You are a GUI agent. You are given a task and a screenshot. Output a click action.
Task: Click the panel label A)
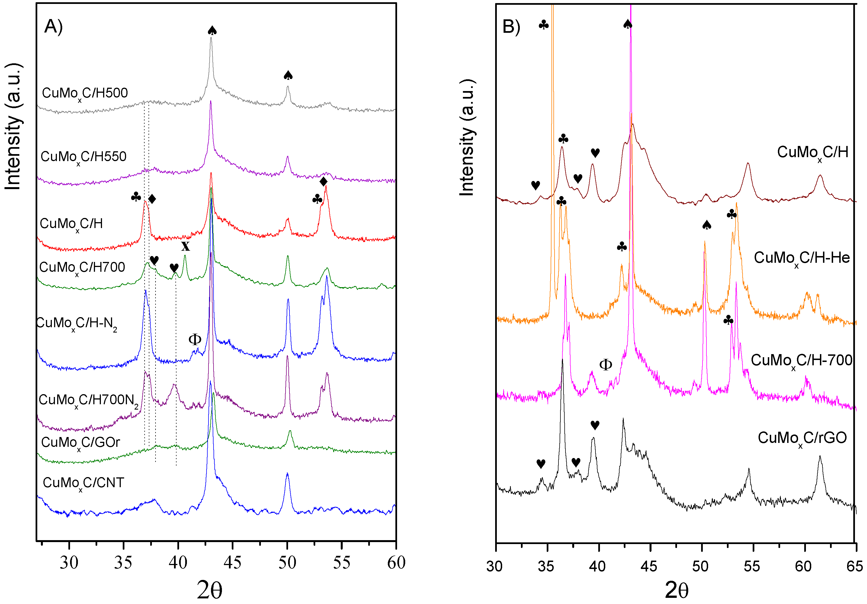point(53,27)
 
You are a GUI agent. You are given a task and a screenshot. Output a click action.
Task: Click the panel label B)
point(511,27)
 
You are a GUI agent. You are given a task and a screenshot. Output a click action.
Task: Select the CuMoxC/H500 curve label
point(85,93)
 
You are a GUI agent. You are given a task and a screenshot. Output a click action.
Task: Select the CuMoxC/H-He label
point(801,258)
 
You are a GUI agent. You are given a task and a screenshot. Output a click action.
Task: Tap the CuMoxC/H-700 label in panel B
point(801,361)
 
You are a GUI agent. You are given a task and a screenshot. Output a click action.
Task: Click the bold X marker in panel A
point(185,246)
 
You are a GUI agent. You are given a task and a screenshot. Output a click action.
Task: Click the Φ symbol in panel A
point(194,339)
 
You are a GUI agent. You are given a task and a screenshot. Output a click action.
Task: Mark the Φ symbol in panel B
point(605,365)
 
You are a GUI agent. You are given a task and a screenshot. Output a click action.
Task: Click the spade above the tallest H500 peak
point(212,31)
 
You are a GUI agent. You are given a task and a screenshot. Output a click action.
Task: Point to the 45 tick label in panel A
point(232,563)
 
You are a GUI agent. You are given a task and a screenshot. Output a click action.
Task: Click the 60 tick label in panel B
point(803,566)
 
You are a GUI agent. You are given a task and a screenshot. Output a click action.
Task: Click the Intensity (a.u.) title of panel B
point(467,138)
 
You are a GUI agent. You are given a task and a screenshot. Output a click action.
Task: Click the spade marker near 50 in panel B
point(706,225)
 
